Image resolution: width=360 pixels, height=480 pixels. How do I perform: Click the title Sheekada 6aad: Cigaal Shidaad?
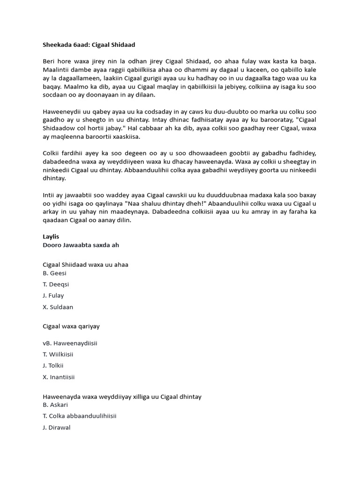89,44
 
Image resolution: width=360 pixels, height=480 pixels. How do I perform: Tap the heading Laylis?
51,237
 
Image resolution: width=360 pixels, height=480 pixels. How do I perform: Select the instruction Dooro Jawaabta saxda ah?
84,245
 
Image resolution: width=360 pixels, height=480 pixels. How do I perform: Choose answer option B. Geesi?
55,273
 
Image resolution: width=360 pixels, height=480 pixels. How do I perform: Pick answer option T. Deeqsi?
56,284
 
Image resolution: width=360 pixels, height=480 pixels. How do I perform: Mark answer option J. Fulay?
53,295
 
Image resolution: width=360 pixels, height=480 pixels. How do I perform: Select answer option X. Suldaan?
58,307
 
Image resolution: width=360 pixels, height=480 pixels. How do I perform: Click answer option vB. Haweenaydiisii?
70,343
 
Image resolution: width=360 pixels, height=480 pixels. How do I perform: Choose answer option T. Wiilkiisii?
58,354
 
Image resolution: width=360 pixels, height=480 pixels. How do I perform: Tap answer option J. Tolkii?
53,366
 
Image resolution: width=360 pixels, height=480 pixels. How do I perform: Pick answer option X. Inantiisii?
59,377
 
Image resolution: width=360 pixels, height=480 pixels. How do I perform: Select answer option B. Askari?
55,405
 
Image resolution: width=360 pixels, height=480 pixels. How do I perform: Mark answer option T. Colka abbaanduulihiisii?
80,416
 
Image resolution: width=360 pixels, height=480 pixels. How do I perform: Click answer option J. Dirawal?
57,427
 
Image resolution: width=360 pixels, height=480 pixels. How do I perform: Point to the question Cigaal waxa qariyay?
71,326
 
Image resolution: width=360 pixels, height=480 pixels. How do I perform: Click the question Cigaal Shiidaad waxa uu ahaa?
86,264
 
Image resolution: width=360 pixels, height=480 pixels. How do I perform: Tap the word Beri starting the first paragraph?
49,61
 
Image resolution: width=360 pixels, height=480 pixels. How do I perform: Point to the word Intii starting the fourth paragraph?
49,196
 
